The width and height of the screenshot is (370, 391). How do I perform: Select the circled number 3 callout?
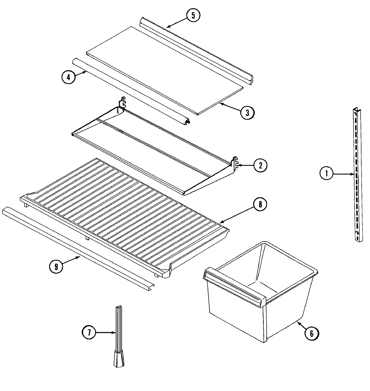tap(247, 113)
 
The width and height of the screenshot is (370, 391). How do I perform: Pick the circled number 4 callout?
tap(68, 77)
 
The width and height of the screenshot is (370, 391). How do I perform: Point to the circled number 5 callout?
tap(193, 15)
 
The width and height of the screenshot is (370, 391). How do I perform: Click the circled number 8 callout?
tap(260, 205)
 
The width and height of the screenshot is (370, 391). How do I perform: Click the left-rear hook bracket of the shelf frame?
tap(123, 102)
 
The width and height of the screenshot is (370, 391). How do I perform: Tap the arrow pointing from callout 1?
tap(343, 174)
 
